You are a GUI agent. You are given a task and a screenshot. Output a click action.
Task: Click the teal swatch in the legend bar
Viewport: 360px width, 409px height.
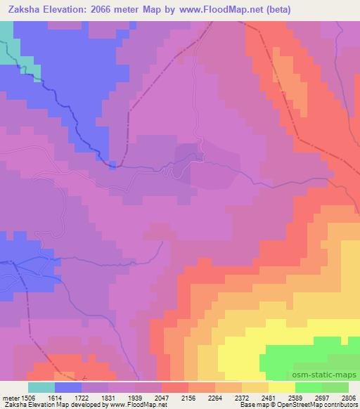tap(41, 387)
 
